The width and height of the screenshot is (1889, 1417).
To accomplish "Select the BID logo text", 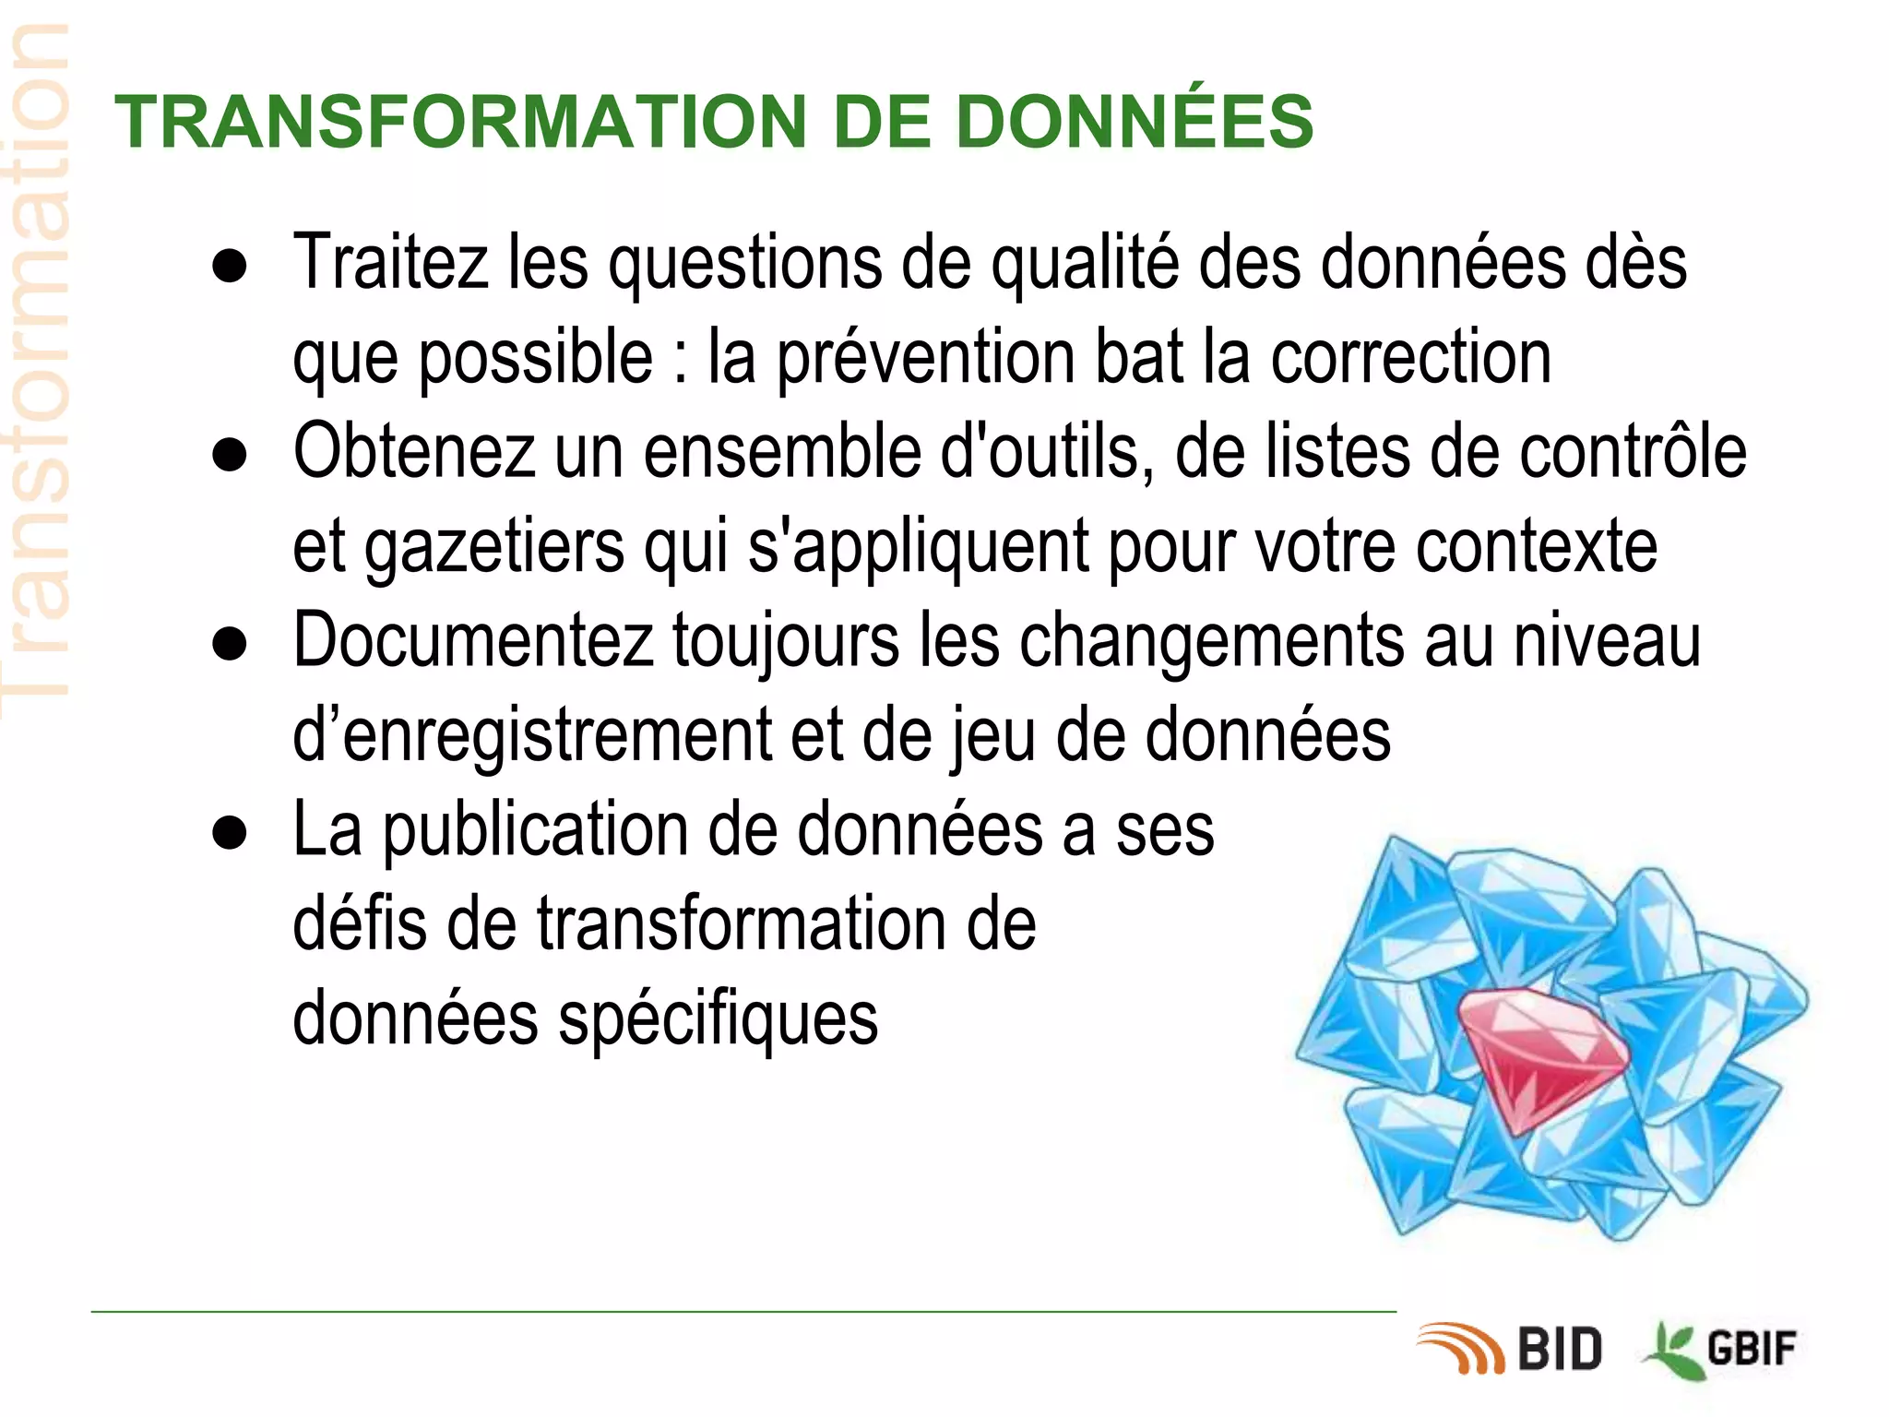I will point(1560,1350).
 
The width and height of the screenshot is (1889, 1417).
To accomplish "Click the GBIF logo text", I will point(1752,1350).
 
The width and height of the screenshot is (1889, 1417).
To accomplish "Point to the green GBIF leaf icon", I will point(1672,1352).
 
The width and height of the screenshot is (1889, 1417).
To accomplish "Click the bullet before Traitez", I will point(229,266).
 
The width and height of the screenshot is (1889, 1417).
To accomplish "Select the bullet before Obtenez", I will point(229,455).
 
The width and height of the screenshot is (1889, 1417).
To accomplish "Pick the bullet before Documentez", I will point(229,644).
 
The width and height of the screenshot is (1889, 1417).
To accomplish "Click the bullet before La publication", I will point(229,833).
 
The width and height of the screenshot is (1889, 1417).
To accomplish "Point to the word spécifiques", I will point(719,1021).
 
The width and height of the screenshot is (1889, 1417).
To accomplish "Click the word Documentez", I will point(473,641).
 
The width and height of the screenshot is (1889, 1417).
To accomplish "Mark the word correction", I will point(1411,358).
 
